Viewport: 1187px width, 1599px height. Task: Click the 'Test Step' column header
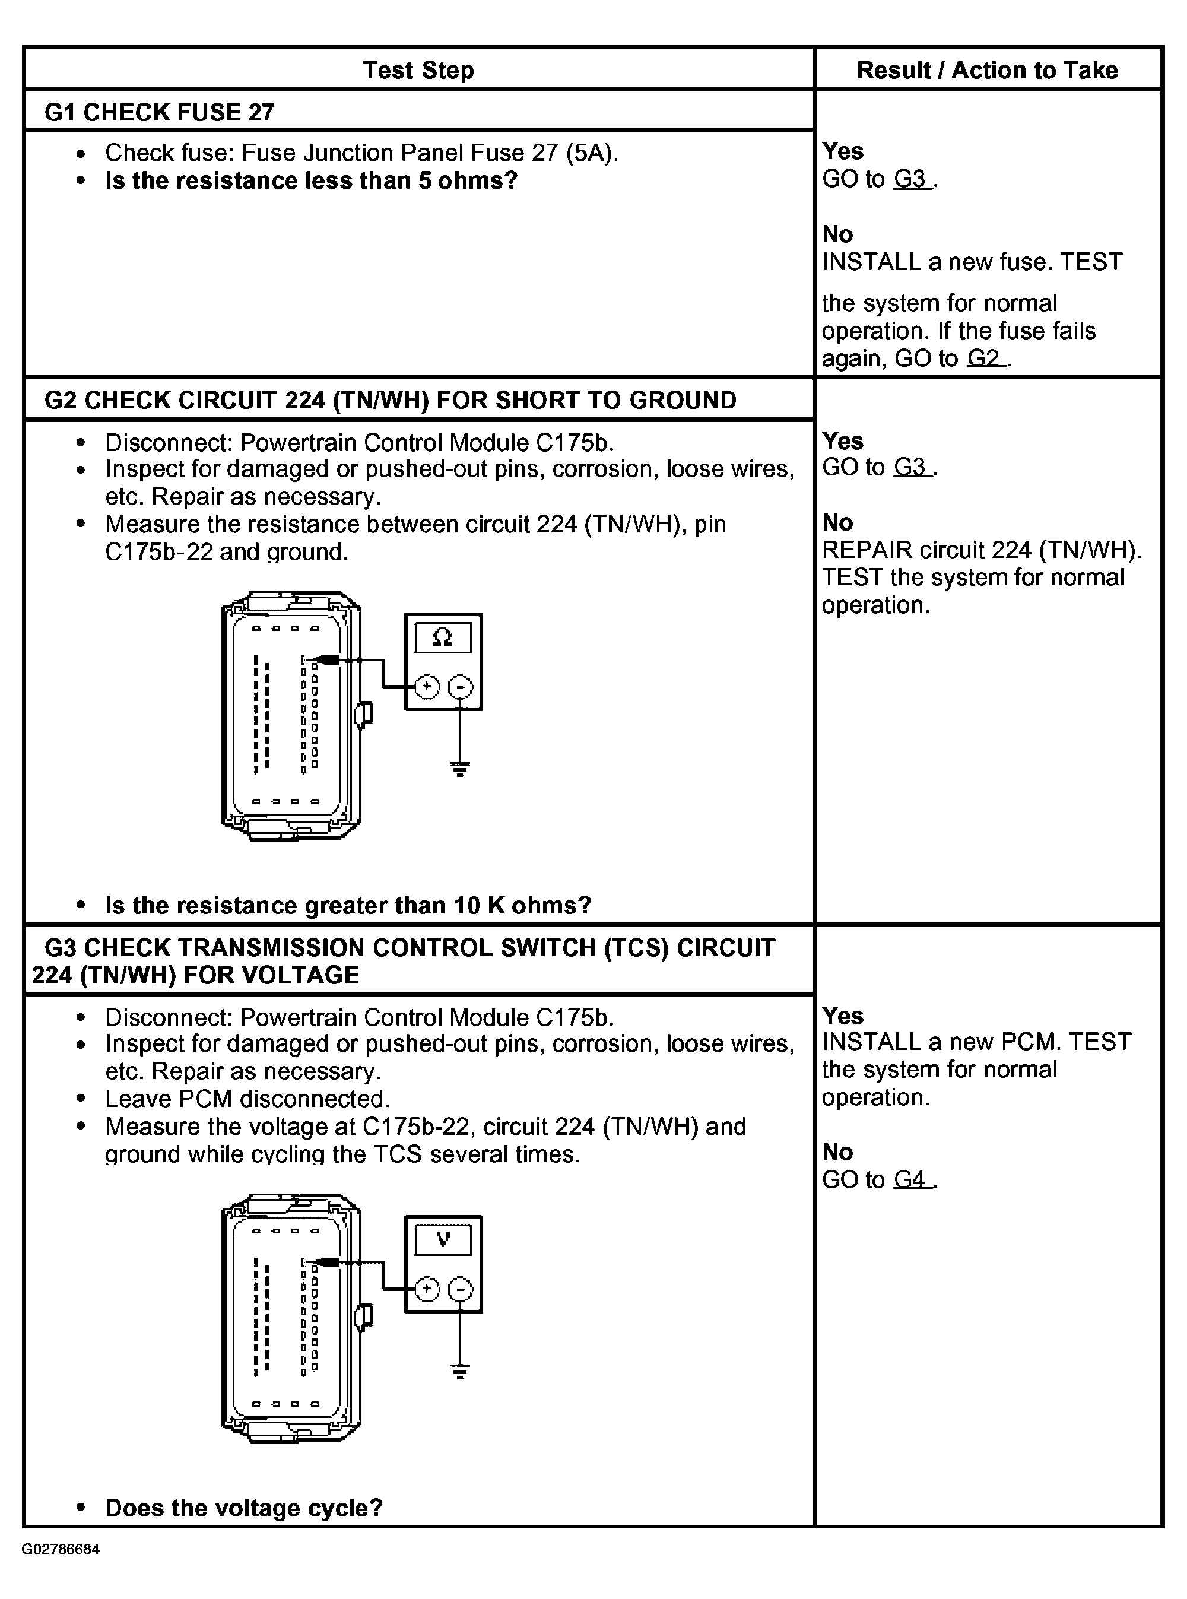[x=418, y=71]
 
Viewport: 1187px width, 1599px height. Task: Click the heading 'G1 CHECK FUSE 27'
[x=160, y=112]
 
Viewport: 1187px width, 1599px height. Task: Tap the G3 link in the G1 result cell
[x=911, y=179]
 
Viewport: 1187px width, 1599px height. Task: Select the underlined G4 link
[x=911, y=1179]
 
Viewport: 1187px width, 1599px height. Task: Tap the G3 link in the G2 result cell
[x=911, y=467]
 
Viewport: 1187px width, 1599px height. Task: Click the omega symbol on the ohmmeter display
[x=443, y=637]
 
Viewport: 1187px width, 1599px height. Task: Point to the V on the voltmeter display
[x=443, y=1238]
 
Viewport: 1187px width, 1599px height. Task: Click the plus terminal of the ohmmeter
[x=427, y=687]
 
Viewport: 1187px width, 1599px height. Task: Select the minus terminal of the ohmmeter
[x=461, y=687]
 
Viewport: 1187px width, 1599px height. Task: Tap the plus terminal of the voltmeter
[x=427, y=1289]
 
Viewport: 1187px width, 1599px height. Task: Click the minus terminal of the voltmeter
[x=461, y=1289]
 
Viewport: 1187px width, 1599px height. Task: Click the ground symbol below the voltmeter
[x=461, y=1370]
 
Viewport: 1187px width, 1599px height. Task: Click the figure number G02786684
[x=61, y=1549]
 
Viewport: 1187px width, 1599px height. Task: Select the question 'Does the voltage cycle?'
[x=243, y=1508]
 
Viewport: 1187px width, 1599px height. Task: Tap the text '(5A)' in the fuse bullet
[x=591, y=153]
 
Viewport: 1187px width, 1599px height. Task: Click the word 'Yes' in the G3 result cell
[x=842, y=1016]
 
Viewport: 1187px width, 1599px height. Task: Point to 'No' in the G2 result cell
[x=837, y=522]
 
